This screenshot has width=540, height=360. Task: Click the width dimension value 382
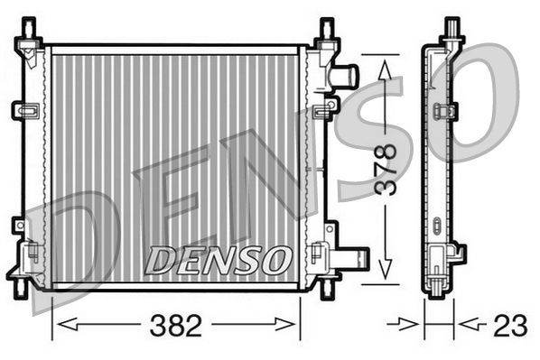[x=176, y=327]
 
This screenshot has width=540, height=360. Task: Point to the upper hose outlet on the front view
[x=345, y=76]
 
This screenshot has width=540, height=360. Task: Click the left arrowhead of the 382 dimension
[x=60, y=323]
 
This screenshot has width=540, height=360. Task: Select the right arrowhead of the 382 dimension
[x=293, y=323]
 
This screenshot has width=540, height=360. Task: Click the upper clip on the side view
[x=443, y=112]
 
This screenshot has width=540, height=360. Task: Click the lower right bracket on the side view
[x=458, y=254]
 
